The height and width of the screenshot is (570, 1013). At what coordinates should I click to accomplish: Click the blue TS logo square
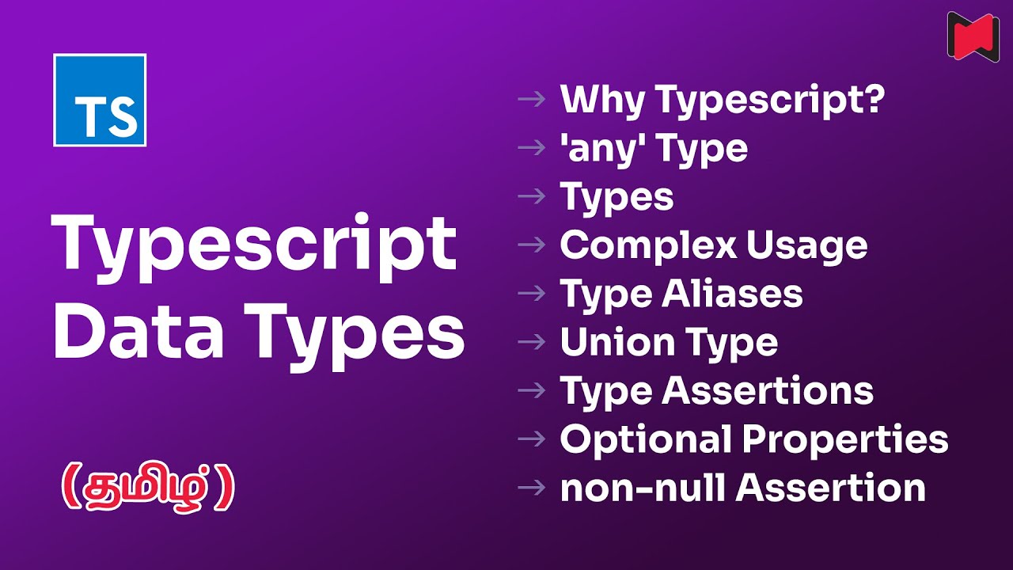click(x=100, y=100)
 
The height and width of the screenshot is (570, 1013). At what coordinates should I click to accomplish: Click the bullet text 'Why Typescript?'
click(x=721, y=100)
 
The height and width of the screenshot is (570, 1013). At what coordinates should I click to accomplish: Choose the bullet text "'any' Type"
click(x=654, y=148)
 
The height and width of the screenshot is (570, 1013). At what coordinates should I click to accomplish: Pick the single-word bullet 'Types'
click(x=617, y=196)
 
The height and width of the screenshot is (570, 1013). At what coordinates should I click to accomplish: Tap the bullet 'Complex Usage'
click(x=713, y=245)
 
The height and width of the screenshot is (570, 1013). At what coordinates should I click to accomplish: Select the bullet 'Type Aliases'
click(x=681, y=294)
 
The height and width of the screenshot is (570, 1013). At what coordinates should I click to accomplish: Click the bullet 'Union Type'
click(x=669, y=342)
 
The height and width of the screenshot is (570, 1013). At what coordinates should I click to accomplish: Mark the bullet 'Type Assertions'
click(x=716, y=390)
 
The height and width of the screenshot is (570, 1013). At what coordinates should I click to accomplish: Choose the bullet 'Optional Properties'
click(x=753, y=439)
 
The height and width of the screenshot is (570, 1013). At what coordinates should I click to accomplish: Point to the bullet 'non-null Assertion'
click(x=742, y=488)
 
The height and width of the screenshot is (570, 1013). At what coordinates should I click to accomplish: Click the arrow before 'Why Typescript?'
click(x=531, y=100)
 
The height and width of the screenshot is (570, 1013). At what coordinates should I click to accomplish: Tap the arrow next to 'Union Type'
click(x=531, y=342)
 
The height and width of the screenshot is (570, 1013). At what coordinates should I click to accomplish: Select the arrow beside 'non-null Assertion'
click(x=531, y=488)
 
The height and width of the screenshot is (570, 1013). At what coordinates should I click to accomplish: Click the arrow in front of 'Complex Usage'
click(x=531, y=245)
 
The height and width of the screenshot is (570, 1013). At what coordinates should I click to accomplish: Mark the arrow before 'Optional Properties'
click(x=531, y=439)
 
